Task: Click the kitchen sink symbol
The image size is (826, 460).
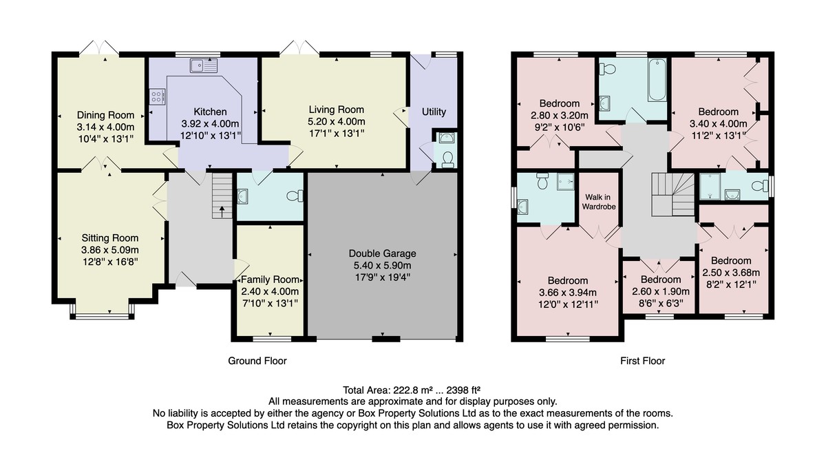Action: (204, 65)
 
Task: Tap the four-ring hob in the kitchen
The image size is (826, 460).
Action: (157, 96)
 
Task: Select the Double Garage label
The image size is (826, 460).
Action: (383, 253)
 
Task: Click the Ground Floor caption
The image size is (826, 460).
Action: (257, 361)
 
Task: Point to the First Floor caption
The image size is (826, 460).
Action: (643, 361)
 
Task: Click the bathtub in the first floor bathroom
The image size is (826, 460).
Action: (657, 80)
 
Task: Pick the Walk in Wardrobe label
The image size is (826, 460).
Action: (599, 202)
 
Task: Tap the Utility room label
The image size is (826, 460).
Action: (434, 112)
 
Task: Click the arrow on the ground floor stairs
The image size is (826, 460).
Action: (222, 211)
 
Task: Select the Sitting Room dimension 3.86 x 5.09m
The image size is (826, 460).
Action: (110, 250)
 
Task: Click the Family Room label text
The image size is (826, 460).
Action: (270, 280)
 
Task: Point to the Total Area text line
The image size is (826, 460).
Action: (412, 390)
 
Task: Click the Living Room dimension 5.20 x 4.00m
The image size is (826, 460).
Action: (337, 121)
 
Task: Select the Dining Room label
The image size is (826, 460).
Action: (105, 115)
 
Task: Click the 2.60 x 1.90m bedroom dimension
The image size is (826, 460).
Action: (661, 291)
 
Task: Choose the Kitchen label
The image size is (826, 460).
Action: (210, 112)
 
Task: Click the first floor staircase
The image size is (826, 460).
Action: (673, 194)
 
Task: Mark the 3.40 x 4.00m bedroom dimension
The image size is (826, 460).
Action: (719, 123)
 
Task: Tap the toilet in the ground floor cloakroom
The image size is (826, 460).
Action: (295, 196)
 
